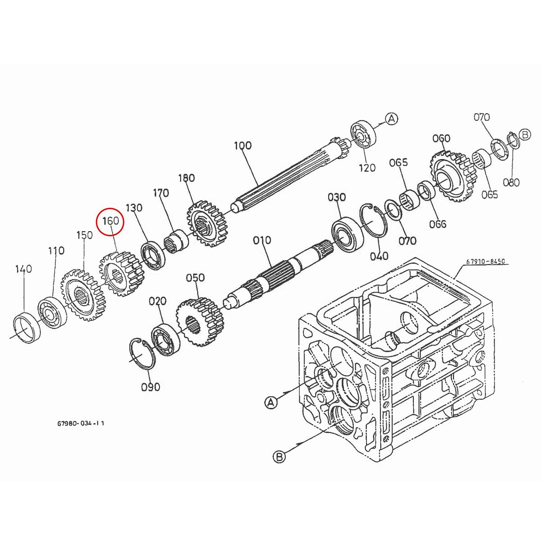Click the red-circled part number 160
110,221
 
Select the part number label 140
23,269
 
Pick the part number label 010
262,240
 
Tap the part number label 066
438,224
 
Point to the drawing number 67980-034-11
82,424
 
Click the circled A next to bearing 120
392,119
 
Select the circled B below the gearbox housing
280,457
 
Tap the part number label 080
511,183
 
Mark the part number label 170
161,193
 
